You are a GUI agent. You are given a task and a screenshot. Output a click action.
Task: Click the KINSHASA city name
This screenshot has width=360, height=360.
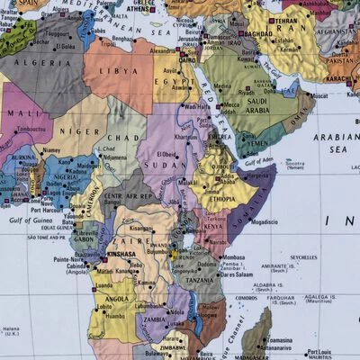[x=120, y=255]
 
